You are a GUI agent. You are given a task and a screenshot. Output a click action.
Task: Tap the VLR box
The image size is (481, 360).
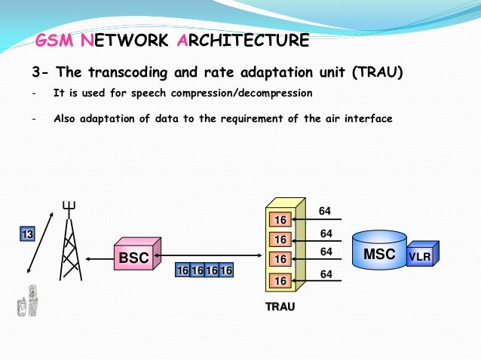click(x=419, y=257)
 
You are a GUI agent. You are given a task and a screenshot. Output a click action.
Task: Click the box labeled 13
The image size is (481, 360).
click(x=27, y=234)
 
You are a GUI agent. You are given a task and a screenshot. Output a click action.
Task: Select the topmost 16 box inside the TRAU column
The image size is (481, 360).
click(x=280, y=220)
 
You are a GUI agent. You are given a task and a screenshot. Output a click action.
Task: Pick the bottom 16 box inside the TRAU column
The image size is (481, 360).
click(x=280, y=280)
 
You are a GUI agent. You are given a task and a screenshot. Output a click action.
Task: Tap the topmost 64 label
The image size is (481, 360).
click(x=326, y=212)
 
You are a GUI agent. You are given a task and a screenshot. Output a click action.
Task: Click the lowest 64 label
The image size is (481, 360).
click(x=326, y=275)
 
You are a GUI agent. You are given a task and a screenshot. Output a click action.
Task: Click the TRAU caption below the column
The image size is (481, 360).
click(x=280, y=307)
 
